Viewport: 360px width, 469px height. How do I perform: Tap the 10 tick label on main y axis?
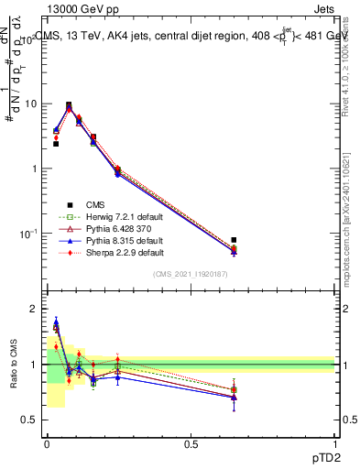coord(29,104)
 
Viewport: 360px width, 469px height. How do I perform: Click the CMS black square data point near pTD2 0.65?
coord(234,240)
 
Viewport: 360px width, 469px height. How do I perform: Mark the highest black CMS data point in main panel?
coord(70,105)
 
